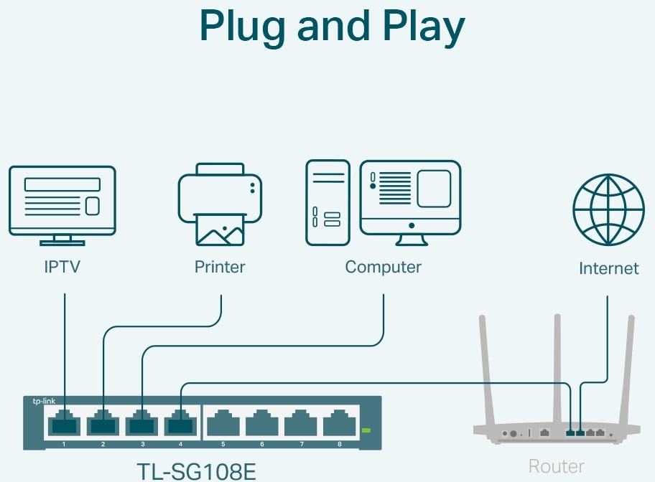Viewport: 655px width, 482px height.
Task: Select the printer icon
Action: (220, 204)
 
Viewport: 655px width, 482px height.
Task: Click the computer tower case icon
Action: (327, 204)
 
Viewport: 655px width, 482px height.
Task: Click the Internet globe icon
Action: (608, 209)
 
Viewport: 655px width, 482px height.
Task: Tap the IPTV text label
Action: (62, 268)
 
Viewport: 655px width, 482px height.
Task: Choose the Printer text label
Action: (220, 268)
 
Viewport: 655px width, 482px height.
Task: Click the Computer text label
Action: (383, 268)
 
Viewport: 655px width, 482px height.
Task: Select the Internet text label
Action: (608, 269)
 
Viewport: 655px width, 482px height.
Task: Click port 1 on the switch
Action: (65, 424)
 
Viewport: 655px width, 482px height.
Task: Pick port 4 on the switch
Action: (181, 424)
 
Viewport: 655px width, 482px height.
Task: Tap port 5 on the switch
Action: (223, 424)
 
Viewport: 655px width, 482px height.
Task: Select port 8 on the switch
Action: (339, 424)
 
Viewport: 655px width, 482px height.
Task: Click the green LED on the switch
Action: (366, 430)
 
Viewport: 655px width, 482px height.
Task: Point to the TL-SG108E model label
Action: (196, 471)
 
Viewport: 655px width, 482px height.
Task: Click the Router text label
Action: (556, 467)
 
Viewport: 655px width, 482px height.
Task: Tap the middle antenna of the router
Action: (556, 366)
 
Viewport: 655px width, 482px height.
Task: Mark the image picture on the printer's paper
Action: (220, 231)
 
